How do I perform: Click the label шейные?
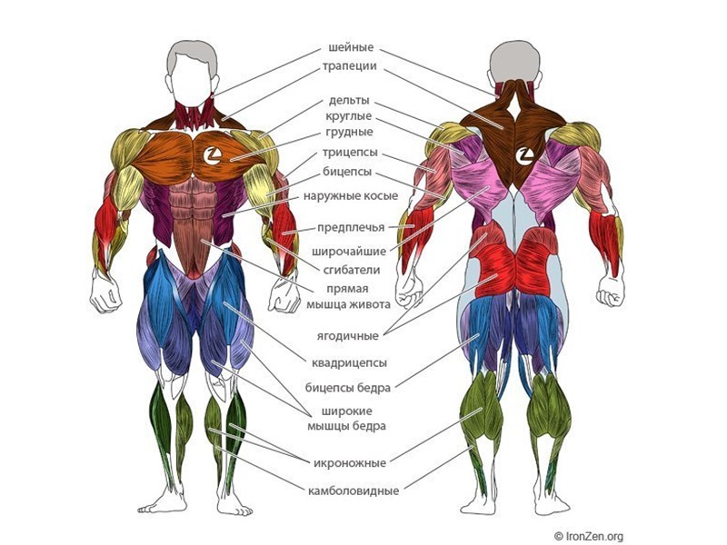coord(350,48)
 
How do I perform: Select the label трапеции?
coord(350,66)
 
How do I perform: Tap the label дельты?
coord(349,101)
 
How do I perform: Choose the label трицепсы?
coord(350,153)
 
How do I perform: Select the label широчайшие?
coord(350,252)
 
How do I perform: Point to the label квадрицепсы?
coord(350,362)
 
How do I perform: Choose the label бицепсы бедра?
coord(350,388)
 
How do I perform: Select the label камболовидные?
coord(354,491)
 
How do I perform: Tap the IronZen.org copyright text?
coord(590,536)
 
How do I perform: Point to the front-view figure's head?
coord(194,68)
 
